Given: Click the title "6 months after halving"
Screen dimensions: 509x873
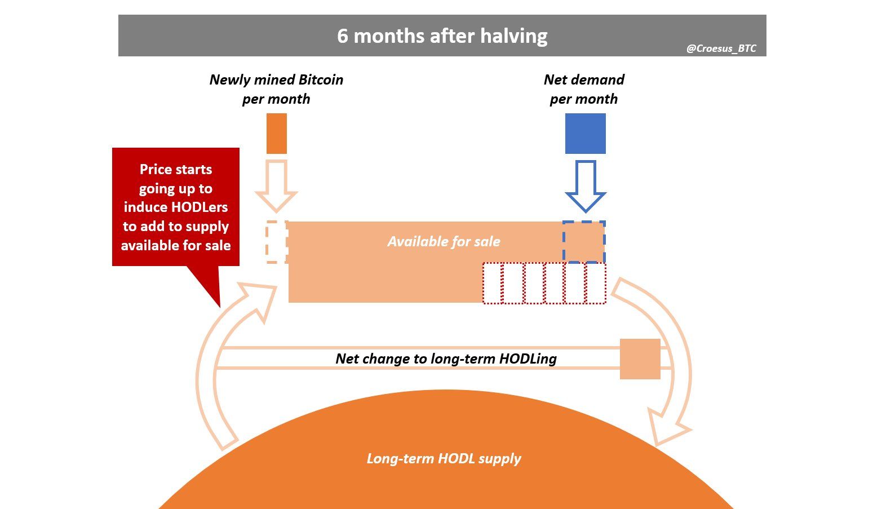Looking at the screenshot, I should (x=442, y=36).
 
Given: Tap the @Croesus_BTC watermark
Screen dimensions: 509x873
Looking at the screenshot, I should (x=721, y=48).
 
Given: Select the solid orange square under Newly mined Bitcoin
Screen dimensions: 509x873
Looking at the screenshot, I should (x=276, y=134).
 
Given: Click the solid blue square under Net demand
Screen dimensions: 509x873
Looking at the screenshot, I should (x=585, y=134).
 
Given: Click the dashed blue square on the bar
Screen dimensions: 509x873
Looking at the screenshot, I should (x=584, y=242).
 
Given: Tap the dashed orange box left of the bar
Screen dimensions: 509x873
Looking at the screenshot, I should (x=276, y=242).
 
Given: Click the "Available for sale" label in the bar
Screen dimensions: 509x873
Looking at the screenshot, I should (x=444, y=242).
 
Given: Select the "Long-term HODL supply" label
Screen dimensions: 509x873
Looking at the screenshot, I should (x=444, y=458).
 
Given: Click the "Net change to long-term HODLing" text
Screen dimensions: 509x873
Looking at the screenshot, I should (x=446, y=358).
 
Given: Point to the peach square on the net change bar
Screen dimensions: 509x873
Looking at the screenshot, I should (x=640, y=359).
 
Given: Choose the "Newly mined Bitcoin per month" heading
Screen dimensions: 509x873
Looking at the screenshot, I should (x=276, y=89).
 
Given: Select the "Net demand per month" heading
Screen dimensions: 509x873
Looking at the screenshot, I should (x=584, y=89).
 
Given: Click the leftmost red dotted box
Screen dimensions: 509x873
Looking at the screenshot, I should (x=491, y=284).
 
